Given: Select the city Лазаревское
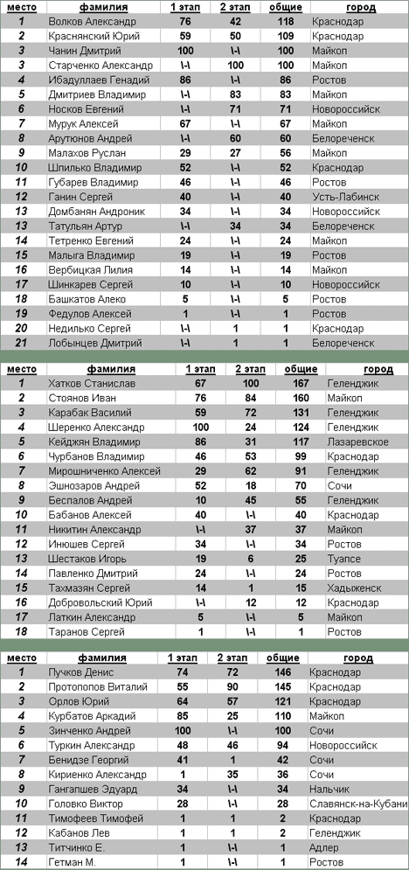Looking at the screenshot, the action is (357, 442).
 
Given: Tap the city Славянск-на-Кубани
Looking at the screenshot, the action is (358, 804).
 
